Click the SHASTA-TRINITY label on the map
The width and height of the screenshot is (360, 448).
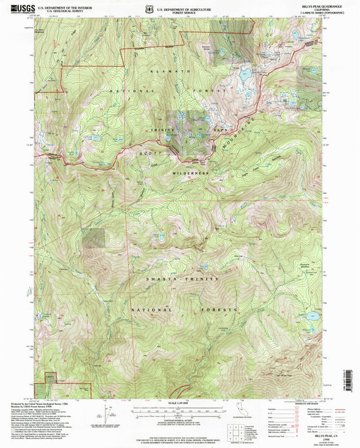point(184,278)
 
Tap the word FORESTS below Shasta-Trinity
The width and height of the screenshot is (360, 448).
point(224,310)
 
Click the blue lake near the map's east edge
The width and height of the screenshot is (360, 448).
point(311,316)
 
